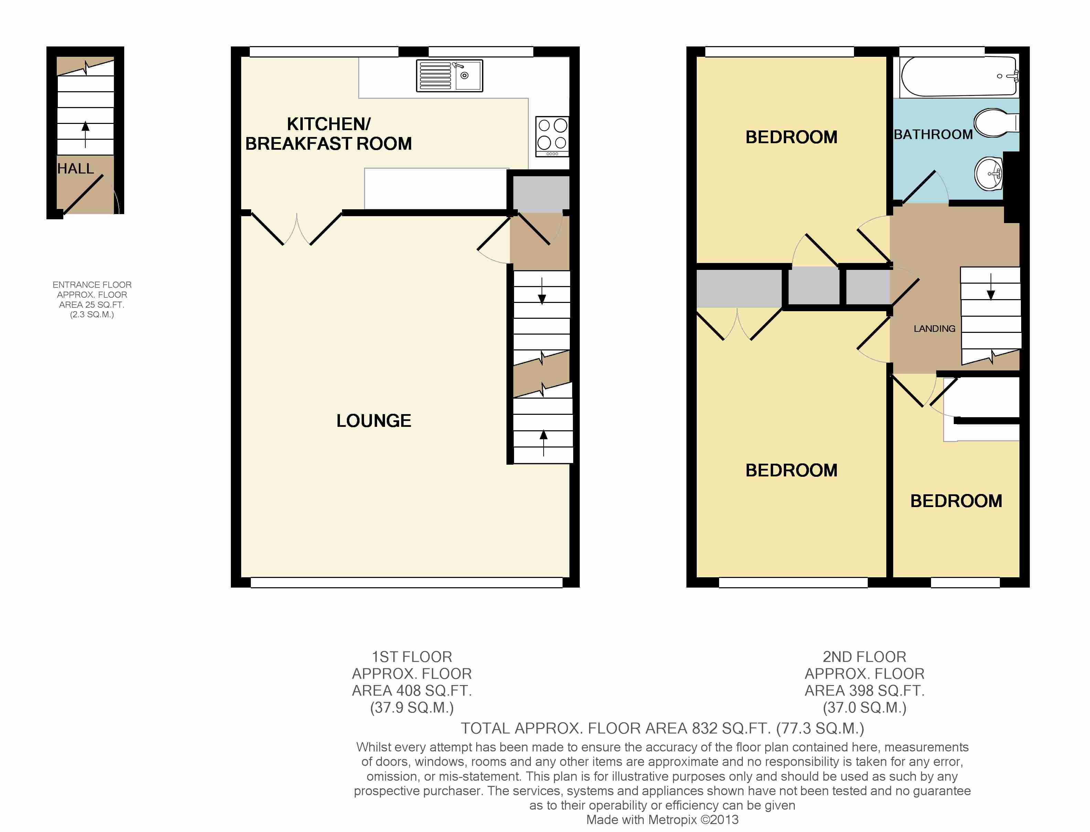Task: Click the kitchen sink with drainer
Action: (x=449, y=76)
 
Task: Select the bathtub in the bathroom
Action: (x=959, y=76)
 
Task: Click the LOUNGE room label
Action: (x=374, y=421)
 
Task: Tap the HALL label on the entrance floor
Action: (x=76, y=169)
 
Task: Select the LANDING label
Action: (x=934, y=329)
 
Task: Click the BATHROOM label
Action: (x=933, y=134)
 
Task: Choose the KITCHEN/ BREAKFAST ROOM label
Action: (x=329, y=134)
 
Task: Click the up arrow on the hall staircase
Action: (x=86, y=134)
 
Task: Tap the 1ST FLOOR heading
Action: (x=412, y=657)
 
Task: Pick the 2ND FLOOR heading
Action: (x=864, y=657)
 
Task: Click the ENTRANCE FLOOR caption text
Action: (x=92, y=285)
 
